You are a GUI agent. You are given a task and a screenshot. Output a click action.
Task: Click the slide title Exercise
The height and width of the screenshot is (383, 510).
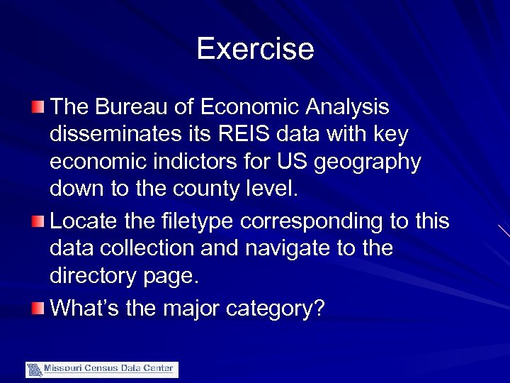255,49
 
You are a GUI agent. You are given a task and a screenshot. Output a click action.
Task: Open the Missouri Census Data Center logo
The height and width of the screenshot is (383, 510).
102,369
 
